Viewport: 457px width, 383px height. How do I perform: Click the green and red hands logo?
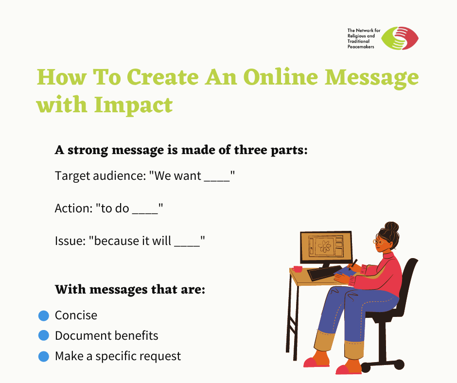[x=400, y=38]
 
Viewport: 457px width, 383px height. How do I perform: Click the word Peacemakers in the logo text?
[x=361, y=47]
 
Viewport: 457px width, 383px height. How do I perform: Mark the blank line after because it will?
[x=187, y=246]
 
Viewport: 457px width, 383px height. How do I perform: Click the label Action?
[x=74, y=209]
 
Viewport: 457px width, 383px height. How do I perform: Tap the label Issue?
[x=70, y=241]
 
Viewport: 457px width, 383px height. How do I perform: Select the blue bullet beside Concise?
[x=44, y=315]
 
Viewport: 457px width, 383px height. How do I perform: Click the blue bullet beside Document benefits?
[x=44, y=335]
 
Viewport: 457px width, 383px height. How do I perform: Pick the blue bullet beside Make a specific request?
[x=44, y=356]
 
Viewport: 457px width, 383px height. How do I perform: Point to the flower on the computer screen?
[x=324, y=246]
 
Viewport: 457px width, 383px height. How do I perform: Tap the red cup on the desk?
[x=298, y=269]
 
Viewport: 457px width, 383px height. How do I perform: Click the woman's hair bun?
[x=391, y=227]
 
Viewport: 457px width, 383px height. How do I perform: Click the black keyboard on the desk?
[x=325, y=273]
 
